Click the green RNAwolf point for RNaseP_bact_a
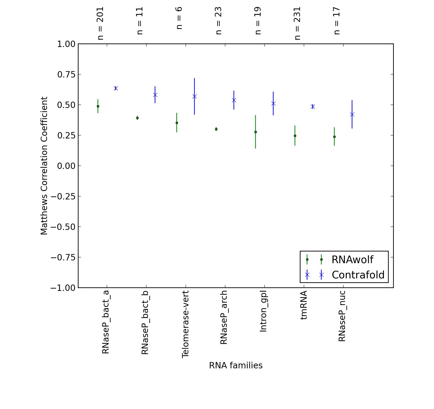click(x=98, y=106)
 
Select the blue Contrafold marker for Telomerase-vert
click(x=194, y=97)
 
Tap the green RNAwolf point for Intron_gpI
click(x=256, y=132)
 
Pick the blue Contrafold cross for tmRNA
click(x=313, y=106)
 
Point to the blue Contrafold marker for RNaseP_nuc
click(x=352, y=115)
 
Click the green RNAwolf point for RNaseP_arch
click(x=216, y=129)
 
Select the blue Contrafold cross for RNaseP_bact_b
click(x=155, y=95)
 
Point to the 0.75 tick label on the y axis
click(x=66, y=74)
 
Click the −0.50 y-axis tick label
click(x=63, y=227)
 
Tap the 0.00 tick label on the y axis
click(x=66, y=166)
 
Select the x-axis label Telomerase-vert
click(x=186, y=324)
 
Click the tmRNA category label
click(x=304, y=305)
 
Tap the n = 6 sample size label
click(x=179, y=18)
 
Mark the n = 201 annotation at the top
click(x=100, y=23)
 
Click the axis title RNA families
click(x=236, y=366)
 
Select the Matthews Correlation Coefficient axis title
click(x=44, y=166)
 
